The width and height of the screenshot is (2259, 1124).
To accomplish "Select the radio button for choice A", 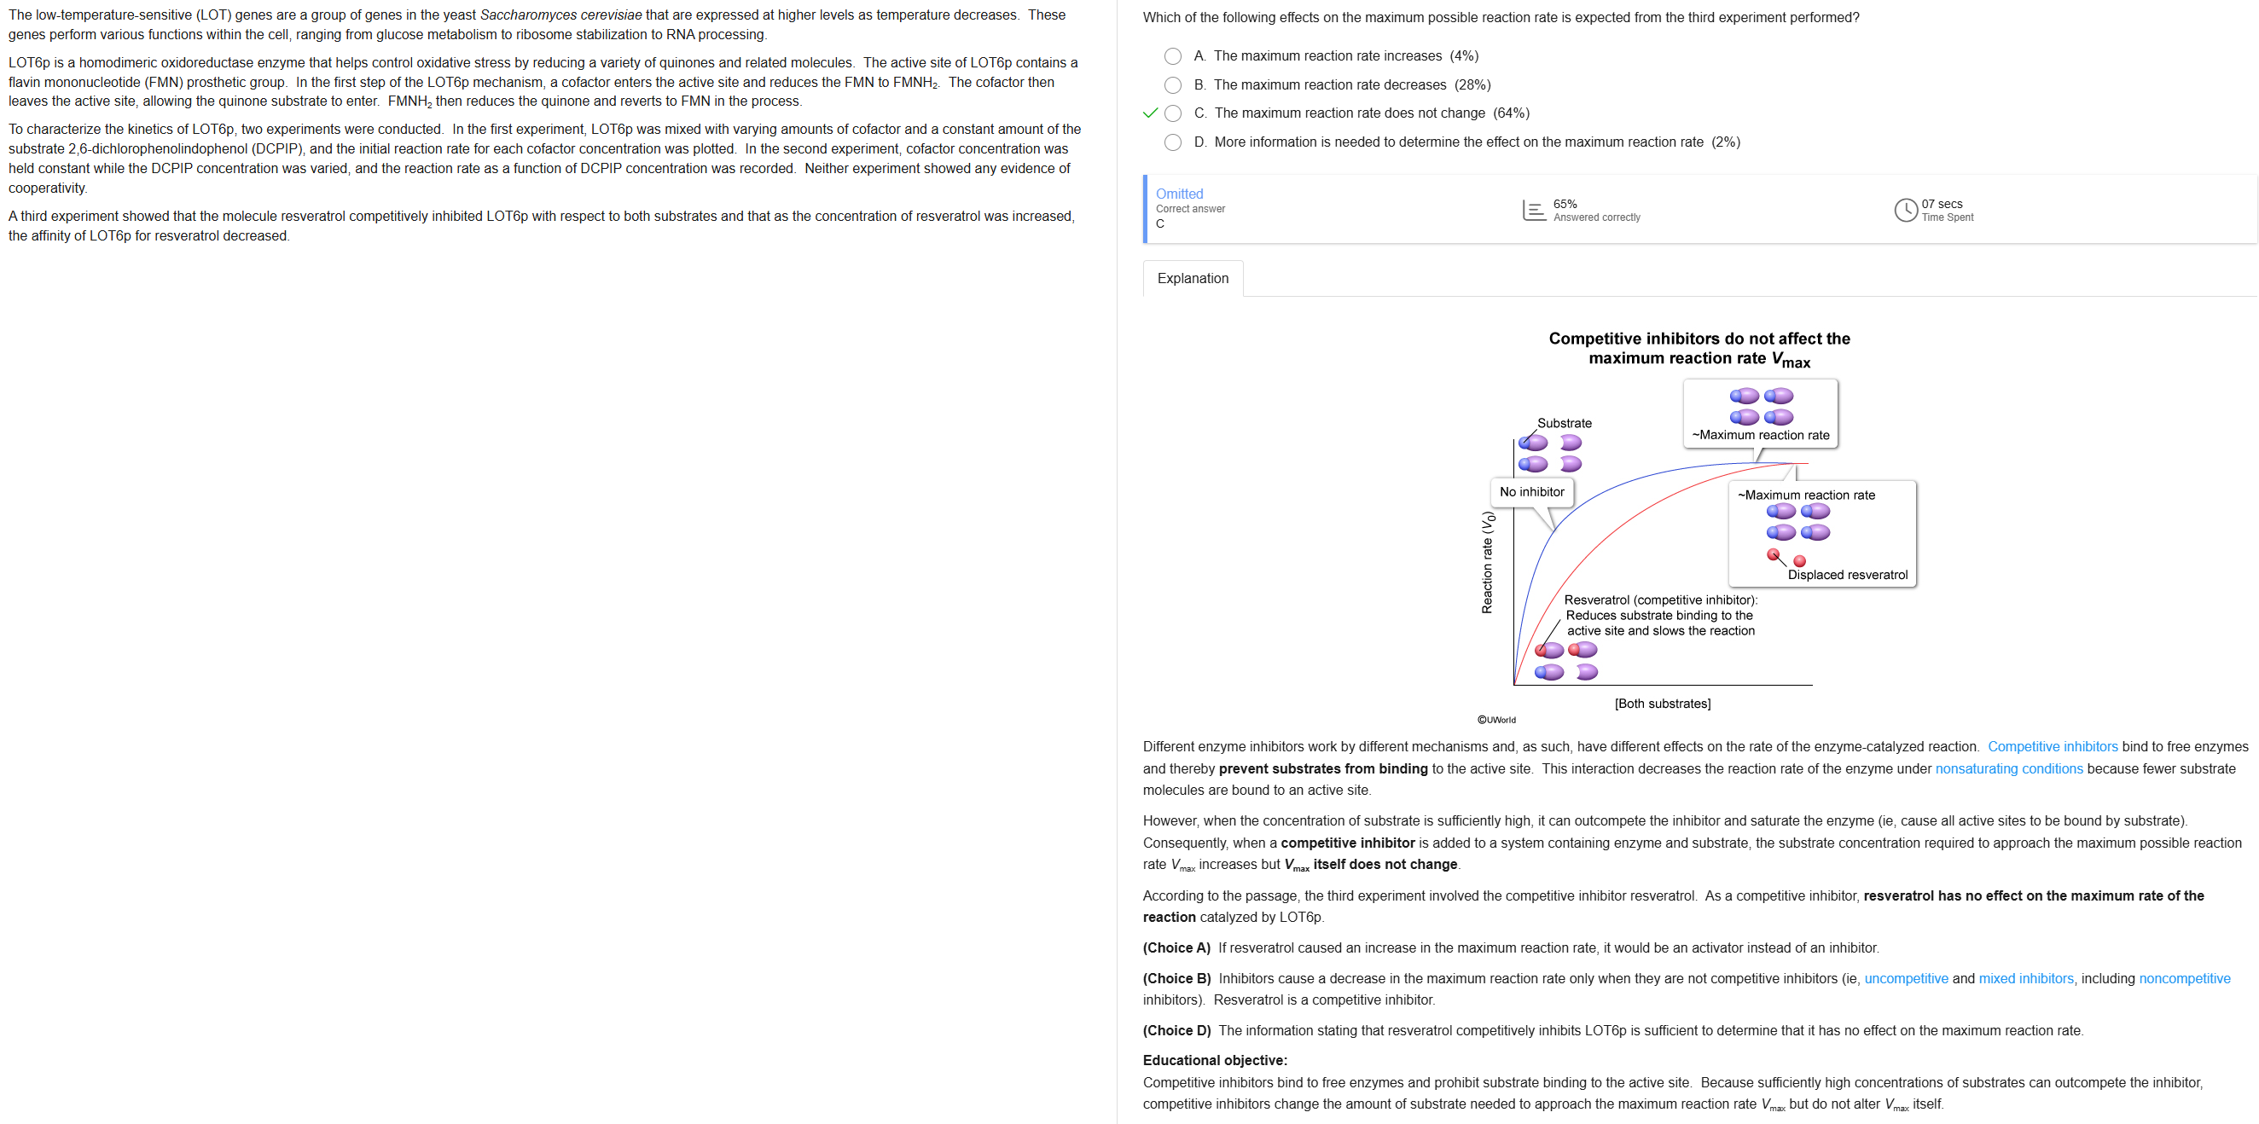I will (x=1172, y=56).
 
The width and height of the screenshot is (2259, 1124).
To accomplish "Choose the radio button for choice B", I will (x=1172, y=85).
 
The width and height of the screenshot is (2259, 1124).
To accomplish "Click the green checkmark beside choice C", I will (x=1151, y=113).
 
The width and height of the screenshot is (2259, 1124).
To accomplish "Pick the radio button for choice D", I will (x=1172, y=142).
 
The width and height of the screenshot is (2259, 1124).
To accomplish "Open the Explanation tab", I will (x=1193, y=278).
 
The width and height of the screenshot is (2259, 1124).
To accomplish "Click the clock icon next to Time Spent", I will (x=1906, y=211).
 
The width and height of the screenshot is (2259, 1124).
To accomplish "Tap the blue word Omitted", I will (x=1179, y=194).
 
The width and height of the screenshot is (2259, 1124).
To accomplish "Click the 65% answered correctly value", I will (x=1565, y=205).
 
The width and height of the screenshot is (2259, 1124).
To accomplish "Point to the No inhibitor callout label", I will (x=1531, y=492).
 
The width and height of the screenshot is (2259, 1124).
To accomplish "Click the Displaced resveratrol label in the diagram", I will (x=1847, y=575).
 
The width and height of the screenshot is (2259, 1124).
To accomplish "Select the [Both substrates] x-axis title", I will (x=1662, y=704).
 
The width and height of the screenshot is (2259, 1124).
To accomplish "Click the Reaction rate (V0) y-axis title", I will (x=1487, y=562).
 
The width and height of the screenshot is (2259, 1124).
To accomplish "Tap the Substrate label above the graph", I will (x=1564, y=423).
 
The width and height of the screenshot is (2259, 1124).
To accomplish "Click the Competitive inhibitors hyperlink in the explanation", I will (x=2052, y=746).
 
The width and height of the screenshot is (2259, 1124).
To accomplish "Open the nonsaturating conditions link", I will (x=2008, y=768).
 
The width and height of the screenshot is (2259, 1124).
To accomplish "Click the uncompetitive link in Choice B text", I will (x=1906, y=978).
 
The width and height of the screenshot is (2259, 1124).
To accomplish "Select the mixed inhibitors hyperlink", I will (x=2026, y=978).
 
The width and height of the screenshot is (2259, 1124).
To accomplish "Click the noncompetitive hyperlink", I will (x=2185, y=978).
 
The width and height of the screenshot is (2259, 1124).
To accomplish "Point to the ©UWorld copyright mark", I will (x=1496, y=720).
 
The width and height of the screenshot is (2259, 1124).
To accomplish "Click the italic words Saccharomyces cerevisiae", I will (x=560, y=14).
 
